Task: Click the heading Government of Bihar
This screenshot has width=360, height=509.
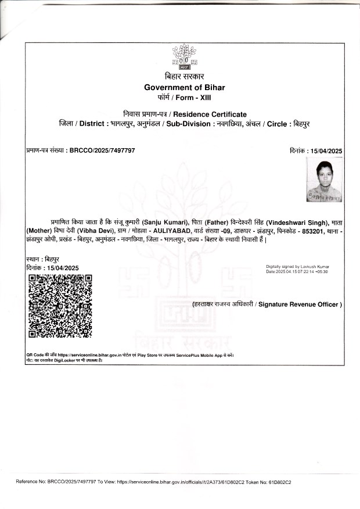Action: (184, 87)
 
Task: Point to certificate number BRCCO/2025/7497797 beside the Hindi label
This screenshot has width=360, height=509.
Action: (102, 150)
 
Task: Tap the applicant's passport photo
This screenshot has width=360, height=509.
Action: (323, 181)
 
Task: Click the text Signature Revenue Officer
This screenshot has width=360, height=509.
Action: (300, 304)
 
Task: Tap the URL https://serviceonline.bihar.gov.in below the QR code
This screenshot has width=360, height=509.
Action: (88, 354)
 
